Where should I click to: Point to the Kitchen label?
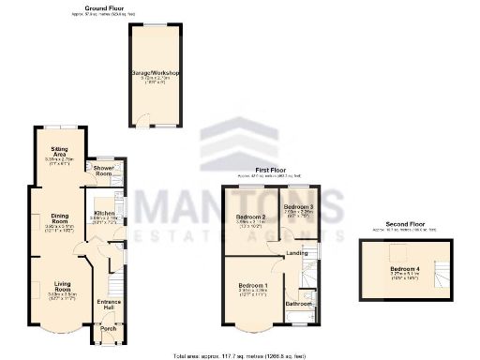click(x=104, y=215)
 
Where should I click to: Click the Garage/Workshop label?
click(x=157, y=72)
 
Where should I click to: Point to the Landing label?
click(x=297, y=252)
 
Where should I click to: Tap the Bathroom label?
click(x=299, y=304)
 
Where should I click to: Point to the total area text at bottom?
click(x=239, y=354)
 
